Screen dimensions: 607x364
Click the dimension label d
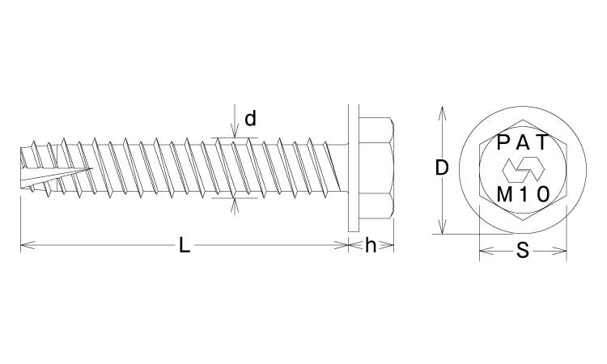click(250, 118)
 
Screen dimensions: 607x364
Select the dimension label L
click(185, 245)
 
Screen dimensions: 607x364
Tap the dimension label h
click(371, 245)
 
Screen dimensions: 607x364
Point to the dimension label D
click(442, 168)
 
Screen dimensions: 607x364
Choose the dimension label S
click(523, 251)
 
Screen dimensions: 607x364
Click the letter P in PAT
click(503, 142)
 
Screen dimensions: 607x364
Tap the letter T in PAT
click(543, 142)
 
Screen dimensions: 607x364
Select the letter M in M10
click(504, 195)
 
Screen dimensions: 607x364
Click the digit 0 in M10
click(544, 195)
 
